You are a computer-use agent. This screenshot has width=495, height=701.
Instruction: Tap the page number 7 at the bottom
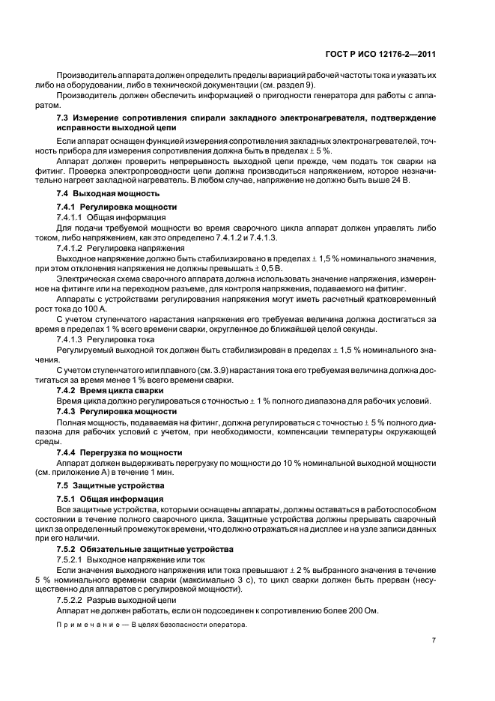[434, 641]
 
